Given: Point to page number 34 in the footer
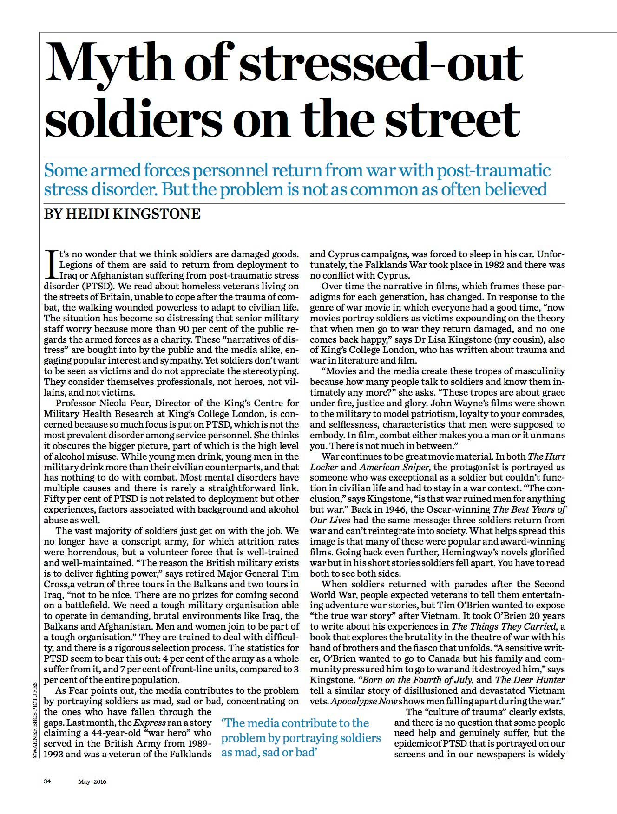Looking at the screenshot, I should (x=47, y=781).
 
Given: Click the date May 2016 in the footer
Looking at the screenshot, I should (x=92, y=781).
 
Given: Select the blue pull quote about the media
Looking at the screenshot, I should (x=301, y=738).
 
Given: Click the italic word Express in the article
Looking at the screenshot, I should (x=150, y=723).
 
